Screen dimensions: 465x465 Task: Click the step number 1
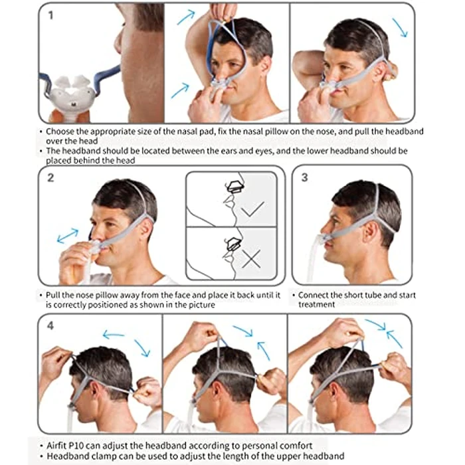[x=50, y=15]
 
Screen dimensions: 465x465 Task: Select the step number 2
[x=50, y=177]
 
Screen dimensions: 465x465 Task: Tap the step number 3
[x=305, y=177]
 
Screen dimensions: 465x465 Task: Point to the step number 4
[x=50, y=325]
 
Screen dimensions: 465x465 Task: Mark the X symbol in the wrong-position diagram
[x=251, y=260]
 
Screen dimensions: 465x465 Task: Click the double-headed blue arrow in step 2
[x=66, y=234]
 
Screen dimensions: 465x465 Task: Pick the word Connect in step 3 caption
[x=316, y=294]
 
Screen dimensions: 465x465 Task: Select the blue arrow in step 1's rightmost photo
[x=401, y=27]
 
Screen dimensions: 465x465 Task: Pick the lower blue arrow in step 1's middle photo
[x=179, y=90]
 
